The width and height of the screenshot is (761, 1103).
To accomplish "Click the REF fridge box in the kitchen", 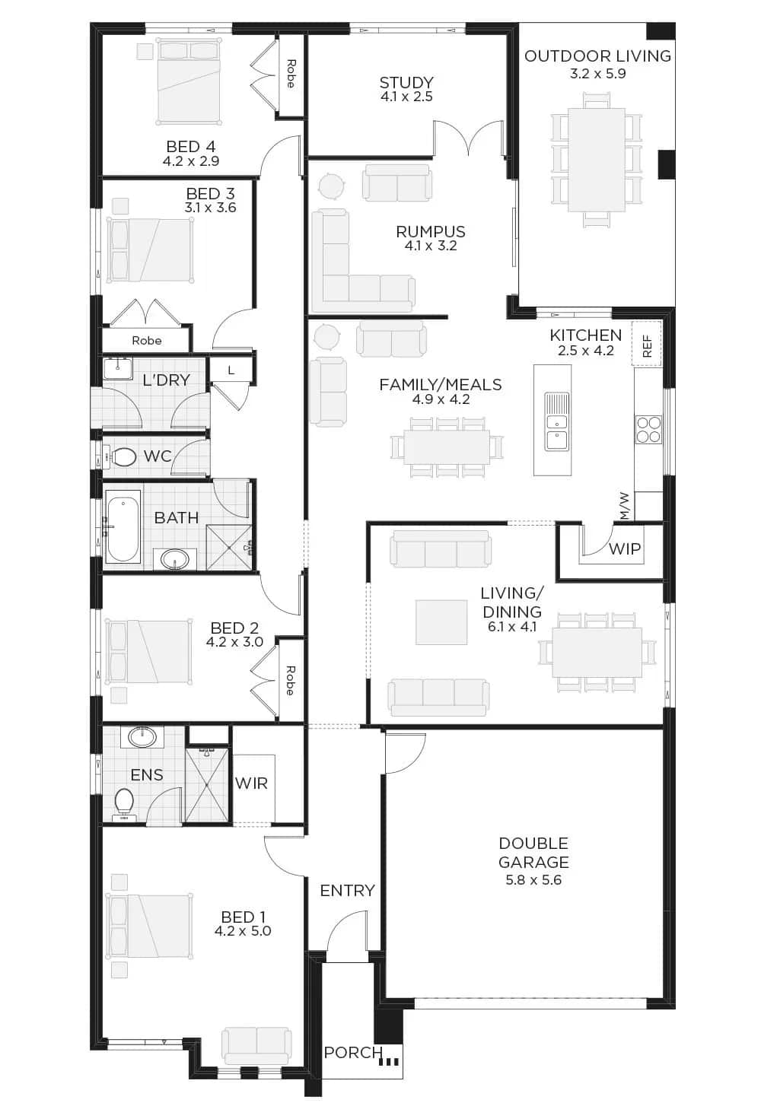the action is (x=646, y=343).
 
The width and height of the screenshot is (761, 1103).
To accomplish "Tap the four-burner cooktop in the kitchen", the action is (x=648, y=429).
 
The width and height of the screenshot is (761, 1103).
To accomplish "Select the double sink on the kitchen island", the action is (x=556, y=421).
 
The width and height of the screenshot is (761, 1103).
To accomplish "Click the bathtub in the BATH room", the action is (x=123, y=529).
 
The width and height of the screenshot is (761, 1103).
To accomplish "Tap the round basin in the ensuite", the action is (x=142, y=737).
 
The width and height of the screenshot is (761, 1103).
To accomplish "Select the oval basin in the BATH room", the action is (x=174, y=559).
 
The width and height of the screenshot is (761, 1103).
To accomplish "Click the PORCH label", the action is (x=352, y=1052).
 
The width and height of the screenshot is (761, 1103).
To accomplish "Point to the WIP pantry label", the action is (x=625, y=548).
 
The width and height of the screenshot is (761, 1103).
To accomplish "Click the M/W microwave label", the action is (x=625, y=506).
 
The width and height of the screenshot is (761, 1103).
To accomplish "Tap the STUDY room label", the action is (x=406, y=82).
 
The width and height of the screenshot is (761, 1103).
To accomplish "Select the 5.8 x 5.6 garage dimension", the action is (x=533, y=880).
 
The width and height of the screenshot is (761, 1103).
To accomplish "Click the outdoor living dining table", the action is (x=597, y=160).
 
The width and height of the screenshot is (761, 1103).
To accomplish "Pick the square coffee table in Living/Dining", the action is (x=441, y=622).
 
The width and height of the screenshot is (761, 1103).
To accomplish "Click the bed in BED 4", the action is (x=188, y=83).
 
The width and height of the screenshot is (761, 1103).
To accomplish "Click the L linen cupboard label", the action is (x=231, y=370).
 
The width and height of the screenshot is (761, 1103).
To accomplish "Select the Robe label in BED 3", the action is (x=146, y=341).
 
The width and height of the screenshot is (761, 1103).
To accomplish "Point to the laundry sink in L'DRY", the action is (x=117, y=369).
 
